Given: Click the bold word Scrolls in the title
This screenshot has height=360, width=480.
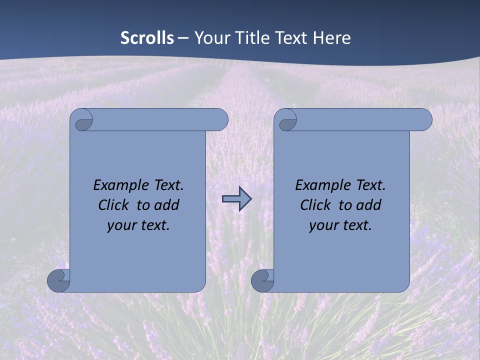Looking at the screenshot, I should pyautogui.click(x=147, y=38).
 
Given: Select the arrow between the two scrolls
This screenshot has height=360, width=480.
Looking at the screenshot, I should pyautogui.click(x=236, y=199).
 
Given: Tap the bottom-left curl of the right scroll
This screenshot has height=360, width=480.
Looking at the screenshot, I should pyautogui.click(x=262, y=280).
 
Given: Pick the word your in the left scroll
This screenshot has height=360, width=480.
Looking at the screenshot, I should pyautogui.click(x=121, y=225).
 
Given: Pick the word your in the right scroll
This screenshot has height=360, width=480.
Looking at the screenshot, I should pyautogui.click(x=323, y=225).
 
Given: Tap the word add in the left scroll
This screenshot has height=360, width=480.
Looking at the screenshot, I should pyautogui.click(x=166, y=205).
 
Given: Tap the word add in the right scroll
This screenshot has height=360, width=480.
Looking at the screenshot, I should pyautogui.click(x=368, y=205).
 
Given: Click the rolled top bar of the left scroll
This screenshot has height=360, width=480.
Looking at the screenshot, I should pyautogui.click(x=160, y=119).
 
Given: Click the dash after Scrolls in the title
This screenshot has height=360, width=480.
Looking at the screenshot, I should pyautogui.click(x=183, y=38).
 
